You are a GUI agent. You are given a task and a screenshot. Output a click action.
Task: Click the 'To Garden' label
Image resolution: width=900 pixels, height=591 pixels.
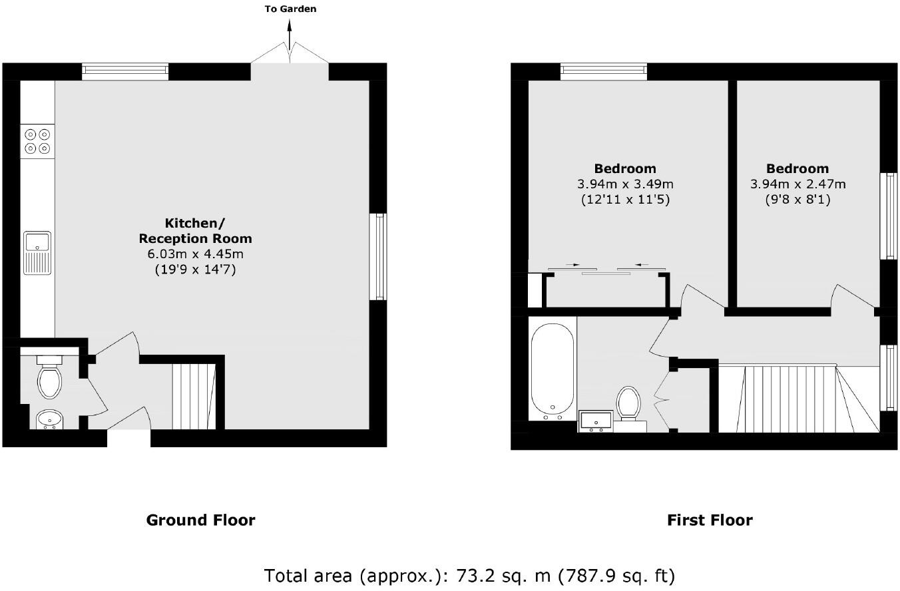point(290,9)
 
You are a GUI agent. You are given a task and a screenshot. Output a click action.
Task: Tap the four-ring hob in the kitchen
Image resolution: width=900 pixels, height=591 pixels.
point(37,140)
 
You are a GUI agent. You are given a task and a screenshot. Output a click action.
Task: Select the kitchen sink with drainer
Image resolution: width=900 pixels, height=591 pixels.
point(37,252)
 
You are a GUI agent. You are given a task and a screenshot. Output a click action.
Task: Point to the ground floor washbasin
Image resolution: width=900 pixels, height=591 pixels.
point(48,419)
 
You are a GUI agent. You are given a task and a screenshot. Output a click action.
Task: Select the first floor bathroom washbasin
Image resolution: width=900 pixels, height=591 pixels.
point(596,421)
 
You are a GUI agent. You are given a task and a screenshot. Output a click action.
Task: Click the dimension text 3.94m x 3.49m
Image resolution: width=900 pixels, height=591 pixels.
point(624,184)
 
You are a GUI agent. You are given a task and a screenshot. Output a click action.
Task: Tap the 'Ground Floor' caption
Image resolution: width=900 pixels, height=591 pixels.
point(200,520)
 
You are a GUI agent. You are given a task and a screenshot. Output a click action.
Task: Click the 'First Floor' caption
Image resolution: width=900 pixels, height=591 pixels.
point(710,520)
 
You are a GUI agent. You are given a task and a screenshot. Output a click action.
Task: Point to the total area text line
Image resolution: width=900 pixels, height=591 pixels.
point(469,575)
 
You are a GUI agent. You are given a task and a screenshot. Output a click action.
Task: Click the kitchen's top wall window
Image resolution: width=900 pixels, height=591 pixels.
point(125,71)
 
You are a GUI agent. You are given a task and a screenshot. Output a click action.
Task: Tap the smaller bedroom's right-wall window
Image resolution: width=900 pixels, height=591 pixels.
point(889,216)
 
